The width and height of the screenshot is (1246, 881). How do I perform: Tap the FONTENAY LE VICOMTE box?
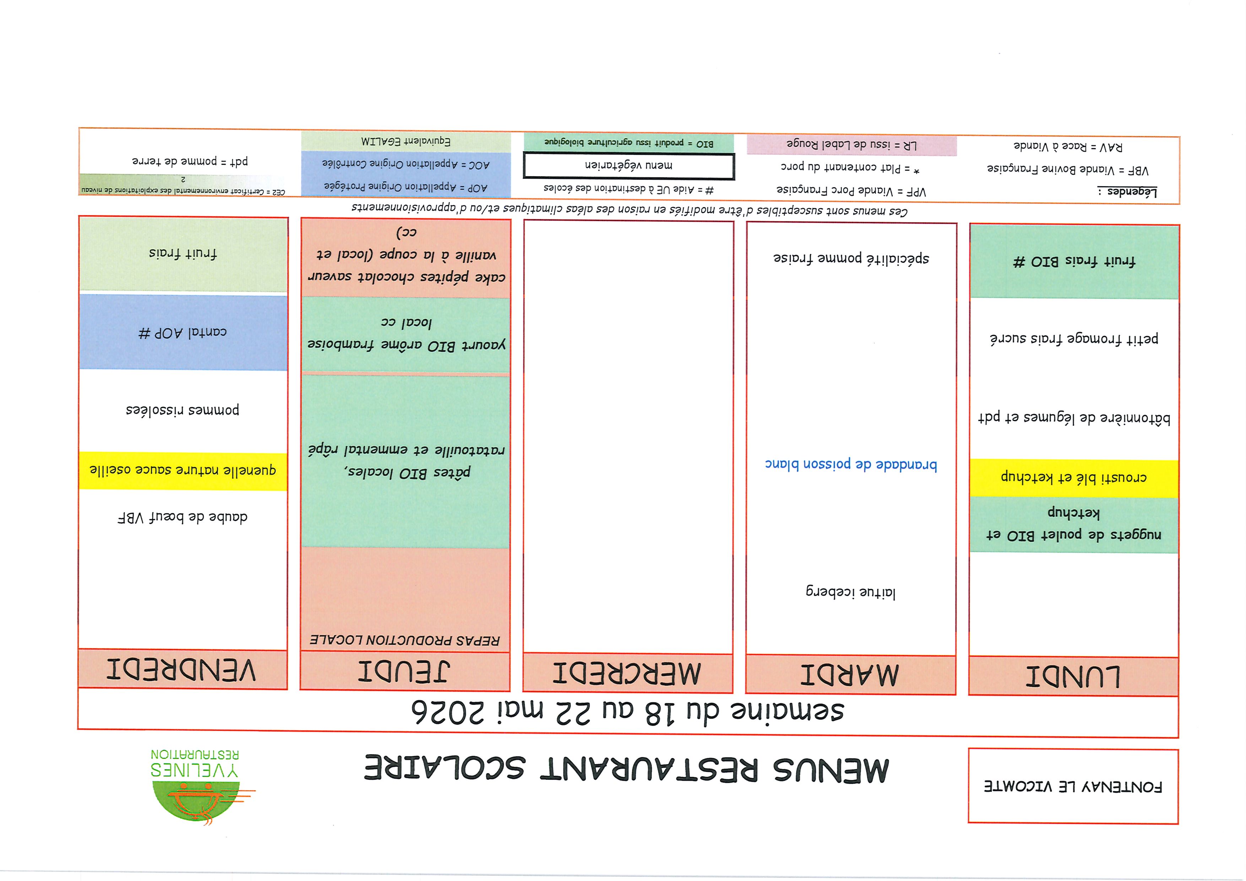click(1073, 785)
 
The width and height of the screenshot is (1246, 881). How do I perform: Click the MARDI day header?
click(850, 674)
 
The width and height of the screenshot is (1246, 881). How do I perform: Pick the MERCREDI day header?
click(627, 673)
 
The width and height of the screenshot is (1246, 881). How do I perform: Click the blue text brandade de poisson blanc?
click(850, 464)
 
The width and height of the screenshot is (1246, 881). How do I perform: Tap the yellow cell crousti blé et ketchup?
click(1073, 478)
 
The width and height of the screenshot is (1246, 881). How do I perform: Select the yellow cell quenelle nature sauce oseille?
click(183, 470)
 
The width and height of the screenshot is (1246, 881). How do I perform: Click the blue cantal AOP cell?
click(183, 332)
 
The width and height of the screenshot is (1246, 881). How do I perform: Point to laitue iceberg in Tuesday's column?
click(850, 592)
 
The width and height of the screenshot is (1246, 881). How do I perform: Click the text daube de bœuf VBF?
click(183, 517)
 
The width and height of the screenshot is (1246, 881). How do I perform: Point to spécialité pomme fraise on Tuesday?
click(850, 258)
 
